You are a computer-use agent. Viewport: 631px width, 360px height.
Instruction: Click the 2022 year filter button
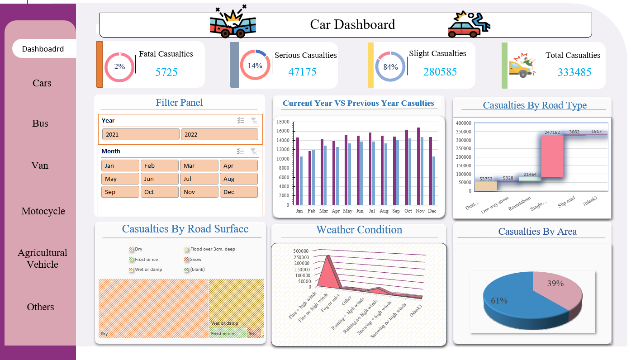pos(219,134)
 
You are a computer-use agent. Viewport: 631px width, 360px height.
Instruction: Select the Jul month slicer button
pos(199,179)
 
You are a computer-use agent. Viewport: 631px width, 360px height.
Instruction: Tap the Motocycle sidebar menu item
pos(43,211)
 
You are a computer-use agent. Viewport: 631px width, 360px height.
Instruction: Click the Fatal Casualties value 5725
pos(166,72)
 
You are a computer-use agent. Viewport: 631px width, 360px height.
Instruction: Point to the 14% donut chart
pos(255,65)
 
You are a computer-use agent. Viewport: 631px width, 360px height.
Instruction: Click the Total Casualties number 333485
pos(574,72)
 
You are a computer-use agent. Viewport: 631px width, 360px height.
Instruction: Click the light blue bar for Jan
pos(301,181)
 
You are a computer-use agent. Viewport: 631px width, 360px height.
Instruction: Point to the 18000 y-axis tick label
pos(283,122)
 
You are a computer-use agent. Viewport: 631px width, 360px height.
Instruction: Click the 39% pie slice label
pos(555,284)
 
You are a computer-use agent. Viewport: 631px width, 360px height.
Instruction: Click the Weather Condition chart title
pos(359,230)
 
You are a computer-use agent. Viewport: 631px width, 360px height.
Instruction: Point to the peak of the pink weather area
pos(327,256)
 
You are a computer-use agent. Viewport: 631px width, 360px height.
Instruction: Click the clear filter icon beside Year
pos(254,120)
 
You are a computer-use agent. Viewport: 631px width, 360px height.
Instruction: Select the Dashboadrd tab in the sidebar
pos(43,49)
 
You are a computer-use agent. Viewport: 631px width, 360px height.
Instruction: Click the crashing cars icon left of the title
pos(233,23)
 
